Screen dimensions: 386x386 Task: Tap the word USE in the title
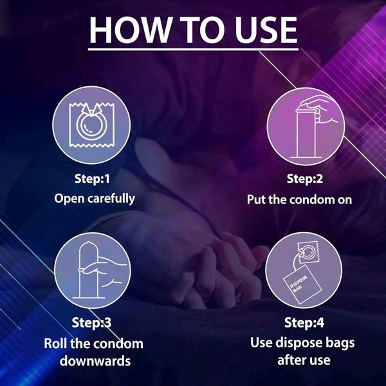pyautogui.click(x=266, y=30)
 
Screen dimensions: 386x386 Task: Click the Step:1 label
pyautogui.click(x=92, y=179)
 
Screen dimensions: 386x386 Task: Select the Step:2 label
pyautogui.click(x=304, y=179)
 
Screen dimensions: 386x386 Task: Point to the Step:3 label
pyautogui.click(x=91, y=322)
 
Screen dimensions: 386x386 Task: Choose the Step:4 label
pyautogui.click(x=304, y=322)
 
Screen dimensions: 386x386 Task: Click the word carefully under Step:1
pyautogui.click(x=111, y=199)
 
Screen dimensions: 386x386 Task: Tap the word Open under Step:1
pyautogui.click(x=69, y=199)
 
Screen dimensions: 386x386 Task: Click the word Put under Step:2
pyautogui.click(x=256, y=199)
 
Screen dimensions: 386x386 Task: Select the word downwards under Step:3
pyautogui.click(x=95, y=361)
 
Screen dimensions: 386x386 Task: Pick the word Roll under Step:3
pyautogui.click(x=55, y=344)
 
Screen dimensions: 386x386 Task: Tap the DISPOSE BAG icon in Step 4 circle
pyautogui.click(x=302, y=284)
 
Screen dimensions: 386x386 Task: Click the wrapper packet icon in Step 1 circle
pyautogui.click(x=92, y=125)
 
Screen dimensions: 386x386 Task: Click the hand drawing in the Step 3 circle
pyautogui.click(x=104, y=273)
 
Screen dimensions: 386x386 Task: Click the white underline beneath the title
pyautogui.click(x=193, y=50)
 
